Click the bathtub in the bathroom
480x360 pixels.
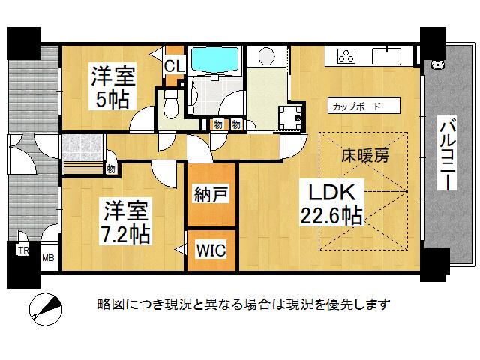pyautogui.click(x=214, y=60)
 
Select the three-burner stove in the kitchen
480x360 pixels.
pyautogui.click(x=346, y=56)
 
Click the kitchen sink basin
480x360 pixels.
pyautogui.click(x=386, y=56)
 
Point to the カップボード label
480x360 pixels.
pyautogui.click(x=356, y=106)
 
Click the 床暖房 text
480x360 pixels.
pyautogui.click(x=365, y=155)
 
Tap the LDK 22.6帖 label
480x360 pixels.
pyautogui.click(x=332, y=204)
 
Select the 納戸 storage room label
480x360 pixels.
pyautogui.click(x=211, y=194)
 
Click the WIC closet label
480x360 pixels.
pyautogui.click(x=211, y=250)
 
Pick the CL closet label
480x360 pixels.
pyautogui.click(x=175, y=65)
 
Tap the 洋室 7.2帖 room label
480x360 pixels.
pyautogui.click(x=125, y=222)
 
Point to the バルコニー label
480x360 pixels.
pyautogui.click(x=447, y=153)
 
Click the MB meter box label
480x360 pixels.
pyautogui.click(x=48, y=258)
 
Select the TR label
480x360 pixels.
pyautogui.click(x=23, y=250)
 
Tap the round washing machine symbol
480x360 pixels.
pyautogui.click(x=267, y=56)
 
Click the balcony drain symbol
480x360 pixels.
pyautogui.click(x=437, y=64)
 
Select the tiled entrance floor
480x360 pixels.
pyautogui.click(x=82, y=148)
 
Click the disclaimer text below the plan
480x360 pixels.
pyautogui.click(x=244, y=304)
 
